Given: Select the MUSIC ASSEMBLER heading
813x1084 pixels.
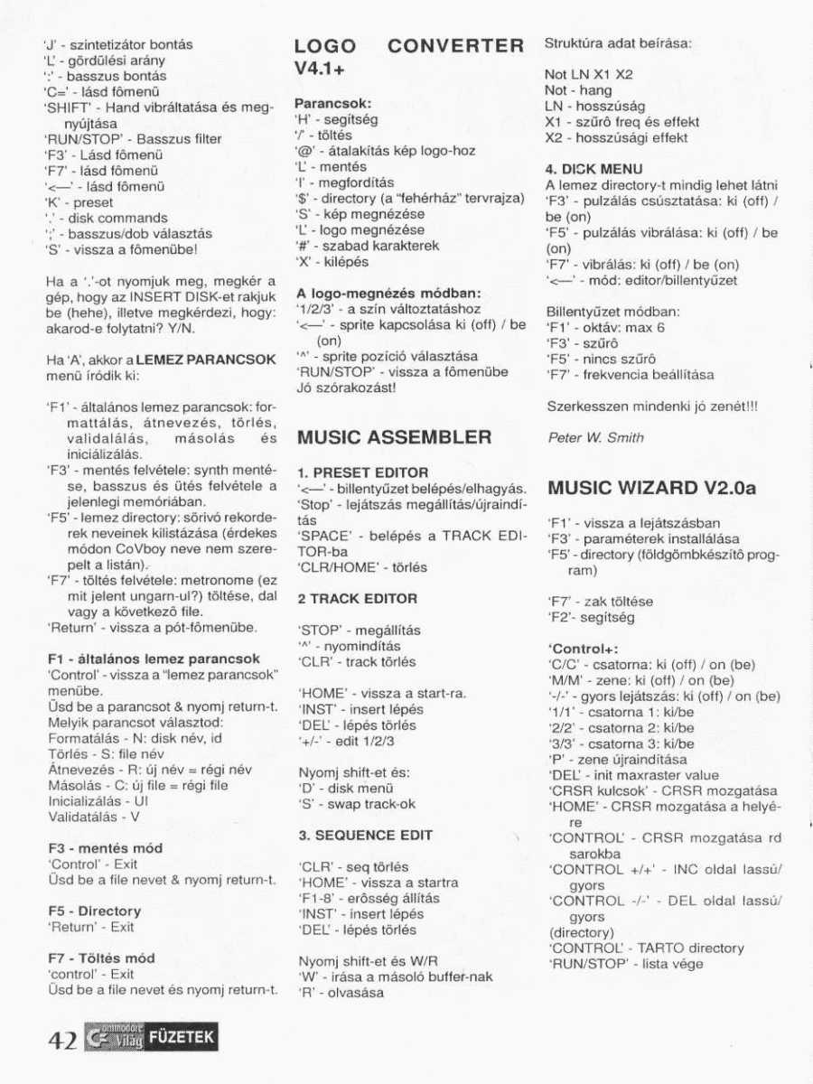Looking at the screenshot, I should click(394, 438).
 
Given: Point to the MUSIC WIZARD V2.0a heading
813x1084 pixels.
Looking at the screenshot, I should click(651, 489).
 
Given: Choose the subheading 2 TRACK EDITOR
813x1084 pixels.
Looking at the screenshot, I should click(357, 599).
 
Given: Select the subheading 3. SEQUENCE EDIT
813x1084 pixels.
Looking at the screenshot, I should click(365, 836).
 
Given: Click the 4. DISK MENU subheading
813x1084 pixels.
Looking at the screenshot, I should click(593, 169).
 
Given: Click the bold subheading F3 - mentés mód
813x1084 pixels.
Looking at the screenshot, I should click(105, 849).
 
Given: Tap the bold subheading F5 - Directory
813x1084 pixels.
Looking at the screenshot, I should click(94, 911).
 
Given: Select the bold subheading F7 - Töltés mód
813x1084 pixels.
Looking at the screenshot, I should click(101, 958).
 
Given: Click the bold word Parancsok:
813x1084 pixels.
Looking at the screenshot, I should click(333, 104).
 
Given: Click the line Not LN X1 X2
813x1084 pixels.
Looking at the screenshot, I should click(588, 75).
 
